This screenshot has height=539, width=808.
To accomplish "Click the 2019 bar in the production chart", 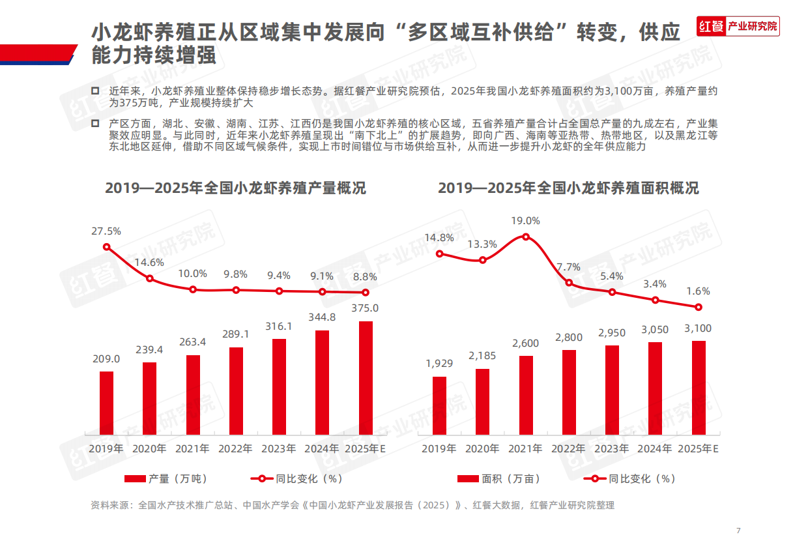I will (106, 403).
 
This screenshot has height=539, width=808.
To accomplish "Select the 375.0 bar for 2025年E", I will (366, 377).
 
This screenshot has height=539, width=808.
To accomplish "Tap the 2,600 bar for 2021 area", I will (526, 395).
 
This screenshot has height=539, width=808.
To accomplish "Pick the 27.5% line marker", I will (107, 247).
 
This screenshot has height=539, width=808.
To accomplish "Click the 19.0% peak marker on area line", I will (526, 237).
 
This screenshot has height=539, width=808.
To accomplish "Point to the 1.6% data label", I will (698, 291).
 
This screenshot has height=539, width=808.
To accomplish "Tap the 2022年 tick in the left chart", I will (236, 449).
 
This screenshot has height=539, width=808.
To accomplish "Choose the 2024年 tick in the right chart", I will (654, 449).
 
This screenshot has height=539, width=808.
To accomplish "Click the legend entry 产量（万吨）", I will (166, 479).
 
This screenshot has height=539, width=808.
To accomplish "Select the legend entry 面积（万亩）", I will (499, 479).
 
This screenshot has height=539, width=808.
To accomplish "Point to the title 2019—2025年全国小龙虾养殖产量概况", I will (235, 188).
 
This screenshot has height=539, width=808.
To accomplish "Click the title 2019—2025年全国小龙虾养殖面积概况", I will (568, 188).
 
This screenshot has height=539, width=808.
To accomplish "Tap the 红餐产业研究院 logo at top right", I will (738, 26).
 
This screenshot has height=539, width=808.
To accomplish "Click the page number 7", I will (738, 529).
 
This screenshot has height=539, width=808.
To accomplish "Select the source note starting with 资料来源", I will (352, 505).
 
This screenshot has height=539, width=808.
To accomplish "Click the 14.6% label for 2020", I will (149, 262).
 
